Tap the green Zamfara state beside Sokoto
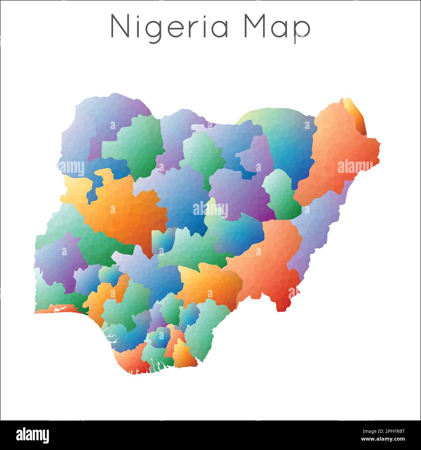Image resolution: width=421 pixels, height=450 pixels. point(133,142)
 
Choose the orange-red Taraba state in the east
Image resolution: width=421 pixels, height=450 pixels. point(269,259)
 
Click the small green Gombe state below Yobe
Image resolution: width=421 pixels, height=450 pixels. point(281,194)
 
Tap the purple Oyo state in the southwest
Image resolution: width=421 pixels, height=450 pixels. point(58,259)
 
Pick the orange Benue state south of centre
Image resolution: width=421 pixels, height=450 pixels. point(210,282)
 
